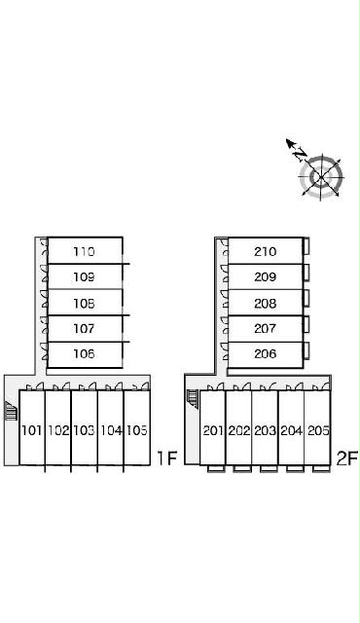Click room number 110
coord(84,251)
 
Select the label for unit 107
coord(84,329)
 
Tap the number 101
coord(32,430)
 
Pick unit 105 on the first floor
coord(137,430)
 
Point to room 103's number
coord(84,430)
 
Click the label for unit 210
coord(266,251)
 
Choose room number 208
coord(266,304)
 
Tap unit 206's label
coord(266,353)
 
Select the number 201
coord(213,430)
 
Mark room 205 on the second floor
coord(318,430)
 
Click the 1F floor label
coord(166,458)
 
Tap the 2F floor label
coord(347,458)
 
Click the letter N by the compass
coord(301,154)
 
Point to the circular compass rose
coord(321,177)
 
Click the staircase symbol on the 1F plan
coord(11,411)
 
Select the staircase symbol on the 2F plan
coord(193,398)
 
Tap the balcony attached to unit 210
coord(306,246)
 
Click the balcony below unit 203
coord(269,469)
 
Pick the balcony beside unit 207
coord(306,324)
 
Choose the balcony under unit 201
coord(216,469)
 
